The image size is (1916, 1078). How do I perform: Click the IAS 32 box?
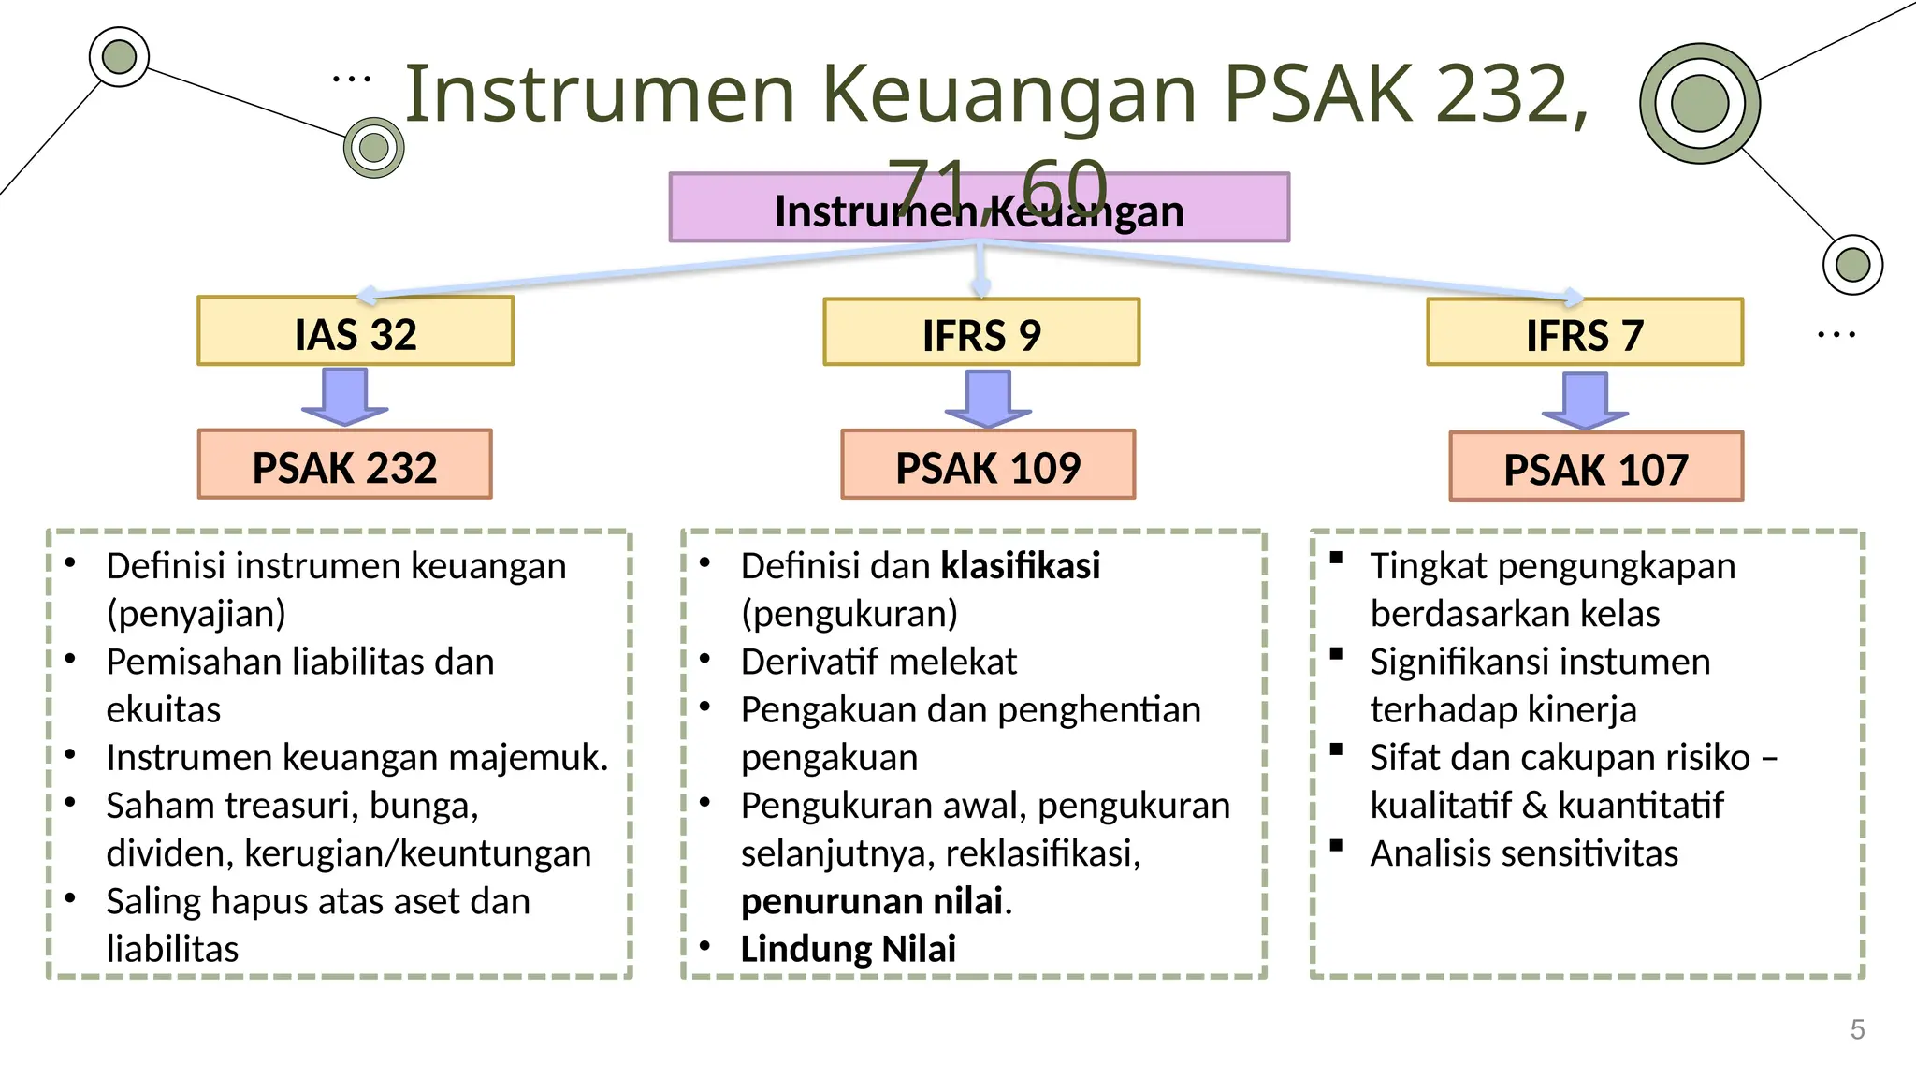click(356, 332)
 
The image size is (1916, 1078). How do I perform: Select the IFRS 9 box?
click(981, 333)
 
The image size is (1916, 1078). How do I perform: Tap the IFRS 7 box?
click(1585, 333)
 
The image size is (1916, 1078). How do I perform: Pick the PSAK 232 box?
click(344, 465)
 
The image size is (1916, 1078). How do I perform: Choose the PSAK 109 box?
click(988, 465)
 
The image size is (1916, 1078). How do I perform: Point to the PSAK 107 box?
click(1596, 467)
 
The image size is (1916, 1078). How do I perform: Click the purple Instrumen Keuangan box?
click(979, 209)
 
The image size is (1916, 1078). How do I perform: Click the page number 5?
click(1857, 1029)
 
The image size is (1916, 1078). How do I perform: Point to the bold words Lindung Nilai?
click(848, 949)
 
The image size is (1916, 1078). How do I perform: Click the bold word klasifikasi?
click(1020, 566)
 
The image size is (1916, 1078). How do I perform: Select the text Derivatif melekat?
click(878, 662)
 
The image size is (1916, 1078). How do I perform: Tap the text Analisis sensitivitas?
click(1524, 853)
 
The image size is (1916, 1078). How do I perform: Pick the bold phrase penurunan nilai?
click(871, 901)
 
